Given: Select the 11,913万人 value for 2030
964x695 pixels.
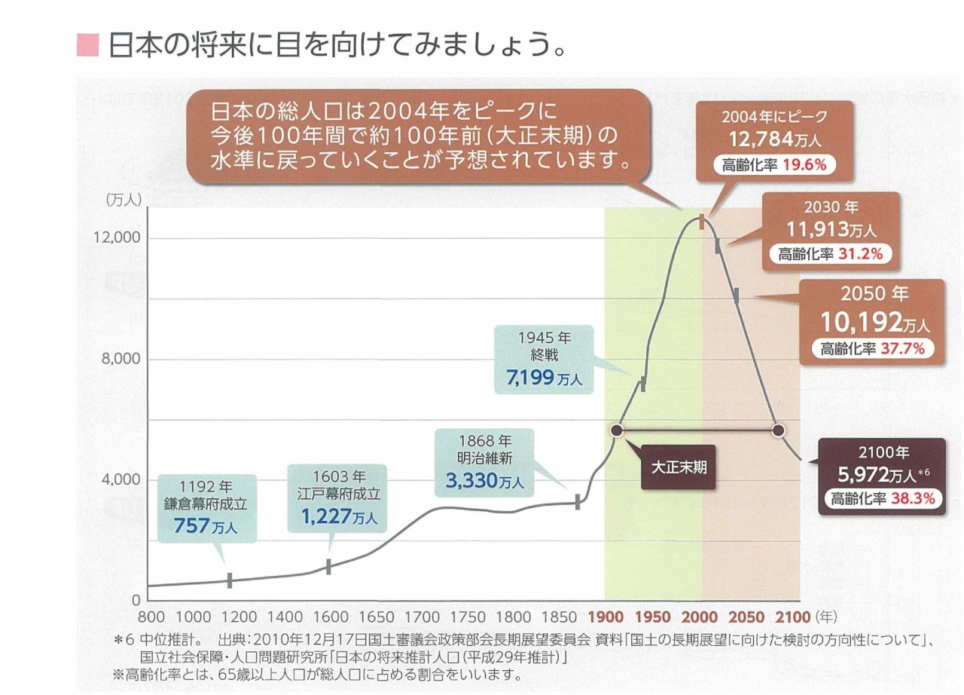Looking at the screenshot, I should point(831,228).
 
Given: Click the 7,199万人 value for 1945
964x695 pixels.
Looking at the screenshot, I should point(544,379).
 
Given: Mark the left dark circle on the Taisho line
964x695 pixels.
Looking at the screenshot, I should point(617,430).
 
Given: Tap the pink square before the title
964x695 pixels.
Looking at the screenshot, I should point(87,46).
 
